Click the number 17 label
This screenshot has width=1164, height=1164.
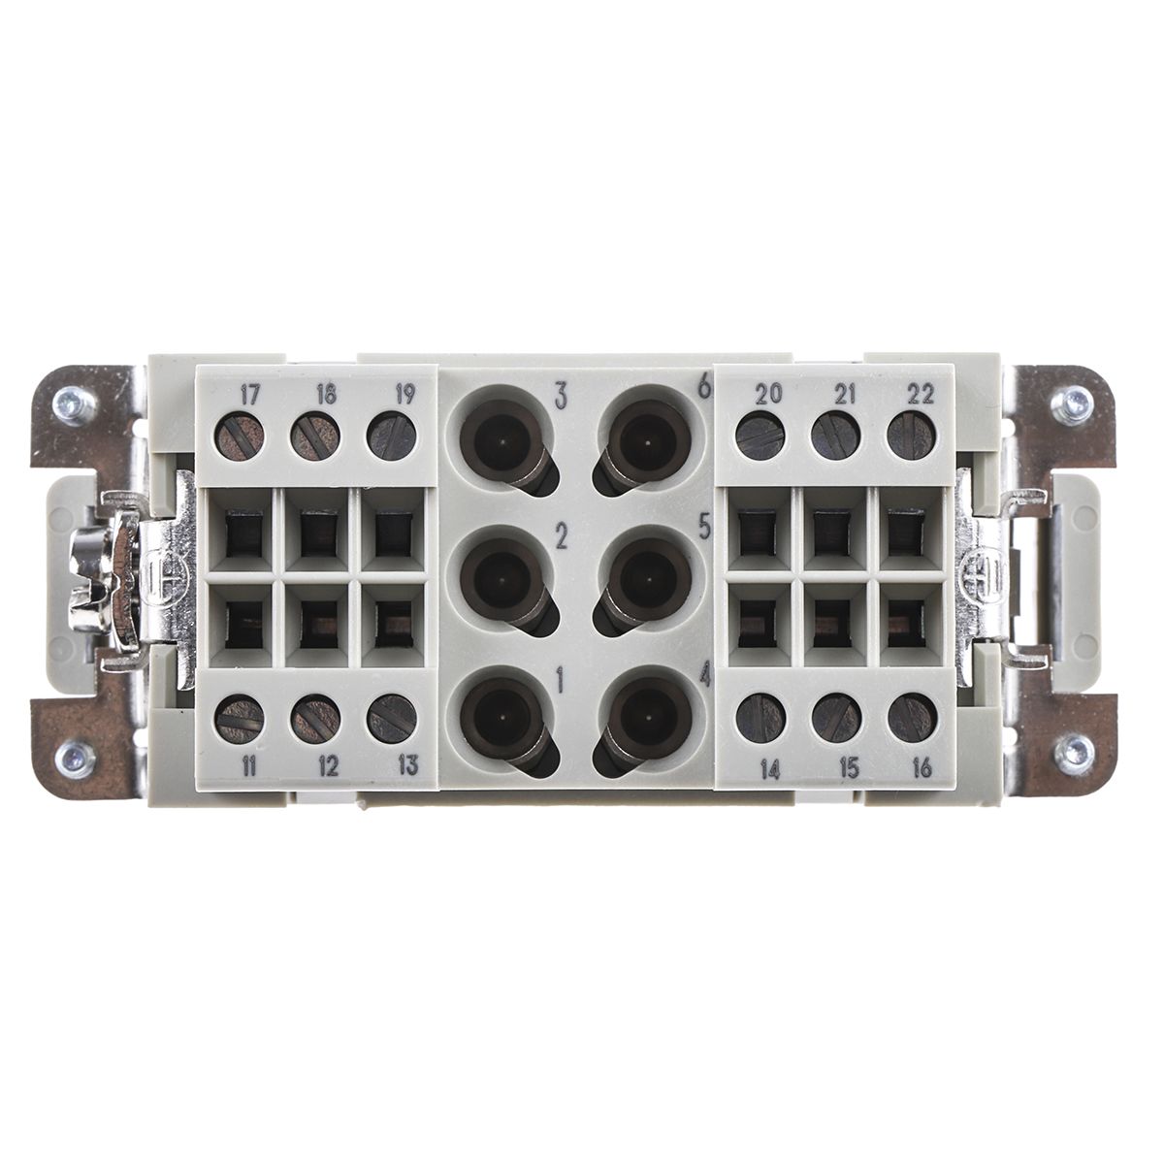249,396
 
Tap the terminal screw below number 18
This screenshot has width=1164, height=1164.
314,436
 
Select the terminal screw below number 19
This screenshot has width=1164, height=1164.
392,436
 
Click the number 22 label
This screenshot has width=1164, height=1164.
920,395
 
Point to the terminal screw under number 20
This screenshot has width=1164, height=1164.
760,436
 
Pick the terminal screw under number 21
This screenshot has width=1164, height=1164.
835,436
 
